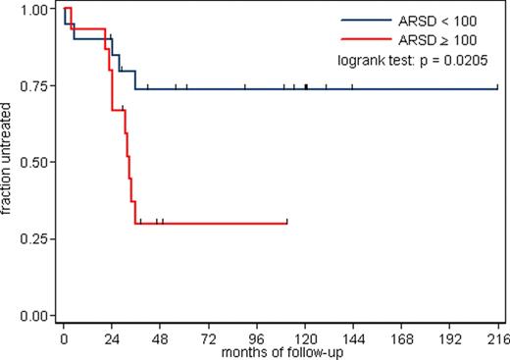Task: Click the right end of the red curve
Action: [286, 224]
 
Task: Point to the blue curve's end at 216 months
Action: [497, 88]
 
